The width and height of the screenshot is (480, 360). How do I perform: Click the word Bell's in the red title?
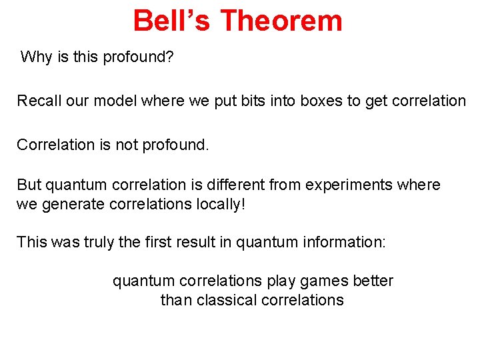[x=171, y=21]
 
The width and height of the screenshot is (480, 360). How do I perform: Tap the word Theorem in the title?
[x=281, y=21]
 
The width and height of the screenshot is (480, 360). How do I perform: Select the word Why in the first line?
[x=36, y=57]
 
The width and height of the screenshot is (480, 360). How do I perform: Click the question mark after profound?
[x=170, y=57]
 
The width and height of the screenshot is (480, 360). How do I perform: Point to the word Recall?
[x=39, y=101]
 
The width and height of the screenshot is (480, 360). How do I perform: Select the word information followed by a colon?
[x=347, y=242]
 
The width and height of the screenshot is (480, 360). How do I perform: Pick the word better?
[x=373, y=281]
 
